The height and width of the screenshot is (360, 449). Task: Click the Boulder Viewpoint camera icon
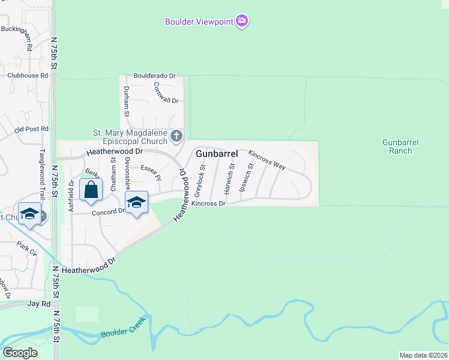click(x=242, y=22)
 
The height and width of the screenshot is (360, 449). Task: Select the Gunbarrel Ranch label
click(x=400, y=146)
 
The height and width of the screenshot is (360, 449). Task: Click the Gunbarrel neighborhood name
click(x=217, y=154)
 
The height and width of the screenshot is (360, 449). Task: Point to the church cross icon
click(x=176, y=136)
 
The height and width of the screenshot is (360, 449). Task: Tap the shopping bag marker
click(x=91, y=191)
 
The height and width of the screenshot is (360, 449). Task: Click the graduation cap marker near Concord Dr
click(x=136, y=203)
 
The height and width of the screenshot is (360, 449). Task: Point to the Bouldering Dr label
click(x=154, y=76)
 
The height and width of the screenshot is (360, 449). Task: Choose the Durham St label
click(x=127, y=101)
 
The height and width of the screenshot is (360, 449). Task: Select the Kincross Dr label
click(x=208, y=204)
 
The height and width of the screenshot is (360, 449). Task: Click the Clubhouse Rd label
click(x=28, y=76)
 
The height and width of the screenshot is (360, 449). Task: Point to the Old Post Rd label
click(x=31, y=129)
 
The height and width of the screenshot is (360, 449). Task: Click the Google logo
click(x=20, y=353)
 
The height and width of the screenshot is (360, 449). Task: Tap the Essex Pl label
click(x=151, y=173)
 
